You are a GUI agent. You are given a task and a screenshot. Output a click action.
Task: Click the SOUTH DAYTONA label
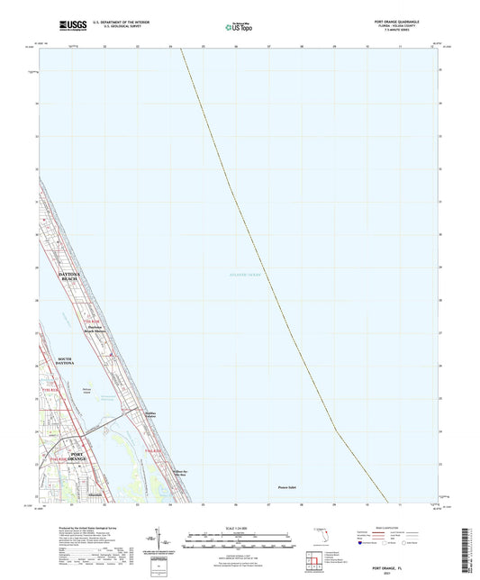(x=65, y=362)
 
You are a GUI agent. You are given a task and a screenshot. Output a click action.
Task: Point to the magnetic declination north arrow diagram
(x=161, y=544)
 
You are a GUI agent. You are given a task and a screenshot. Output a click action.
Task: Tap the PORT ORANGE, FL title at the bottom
(x=240, y=565)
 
